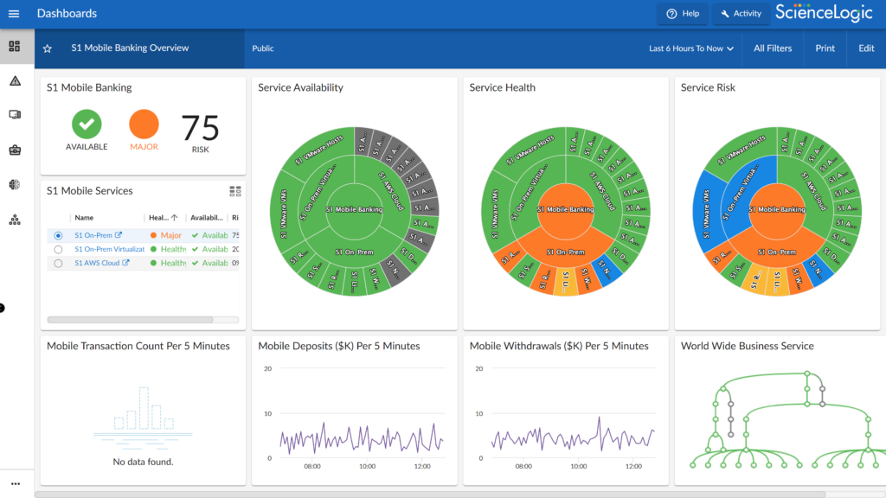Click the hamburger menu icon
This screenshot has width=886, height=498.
coord(14,14)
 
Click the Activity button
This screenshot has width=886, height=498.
coord(740,14)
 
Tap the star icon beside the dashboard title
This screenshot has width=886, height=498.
coord(48,48)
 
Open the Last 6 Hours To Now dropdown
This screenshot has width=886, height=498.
coord(691,48)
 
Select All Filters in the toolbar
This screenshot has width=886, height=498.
coord(773,48)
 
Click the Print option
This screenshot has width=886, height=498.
coord(825,48)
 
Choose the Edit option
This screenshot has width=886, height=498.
coord(866,48)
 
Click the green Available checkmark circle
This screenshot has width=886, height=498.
coord(87,124)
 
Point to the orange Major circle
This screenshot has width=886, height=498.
coord(144,124)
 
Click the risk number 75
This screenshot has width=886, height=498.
coord(200,129)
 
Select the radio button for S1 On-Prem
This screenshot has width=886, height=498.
coord(58,235)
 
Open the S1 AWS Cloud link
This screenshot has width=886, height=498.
coord(97,263)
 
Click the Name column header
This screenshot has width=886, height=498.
coord(84,218)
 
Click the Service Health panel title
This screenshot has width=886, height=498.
coord(502,87)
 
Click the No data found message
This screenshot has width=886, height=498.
coord(143,462)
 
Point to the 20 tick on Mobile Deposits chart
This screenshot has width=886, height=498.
coord(268,368)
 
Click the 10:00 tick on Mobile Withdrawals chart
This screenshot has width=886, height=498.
coord(578,466)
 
